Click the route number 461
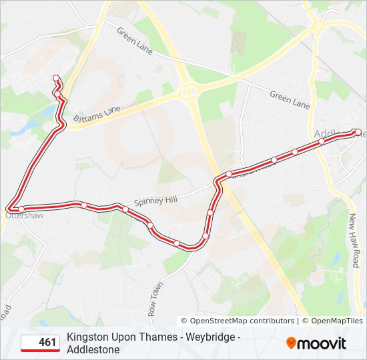(x=47, y=343)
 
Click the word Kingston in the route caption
(x=86, y=337)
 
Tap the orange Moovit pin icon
(x=292, y=343)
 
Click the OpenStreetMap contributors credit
(x=237, y=321)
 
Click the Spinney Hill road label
(x=155, y=199)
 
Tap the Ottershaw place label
(x=23, y=216)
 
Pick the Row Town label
(x=155, y=299)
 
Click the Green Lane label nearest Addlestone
(x=290, y=100)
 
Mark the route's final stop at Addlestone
(x=358, y=131)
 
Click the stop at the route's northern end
(x=55, y=77)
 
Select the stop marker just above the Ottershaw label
(x=21, y=209)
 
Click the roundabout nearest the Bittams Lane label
(x=188, y=90)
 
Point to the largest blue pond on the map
(x=29, y=124)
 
